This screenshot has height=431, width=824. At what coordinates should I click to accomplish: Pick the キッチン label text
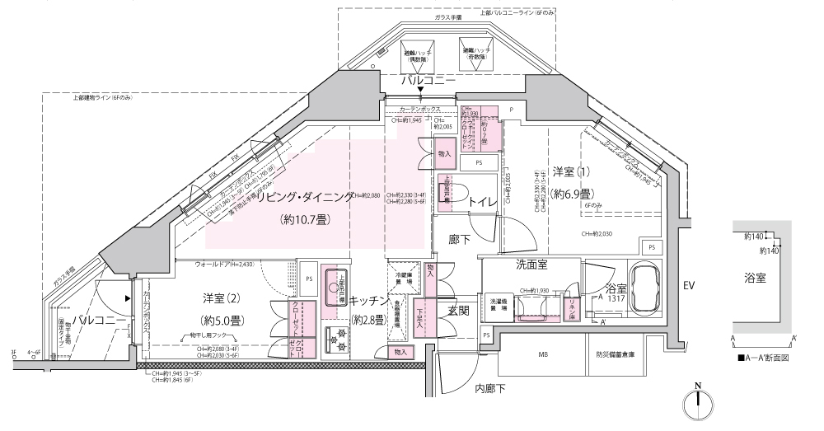pos(368,301)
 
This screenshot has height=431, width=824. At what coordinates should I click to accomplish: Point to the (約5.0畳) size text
pos(222,318)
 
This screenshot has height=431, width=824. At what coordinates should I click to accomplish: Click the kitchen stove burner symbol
pos(337,338)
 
